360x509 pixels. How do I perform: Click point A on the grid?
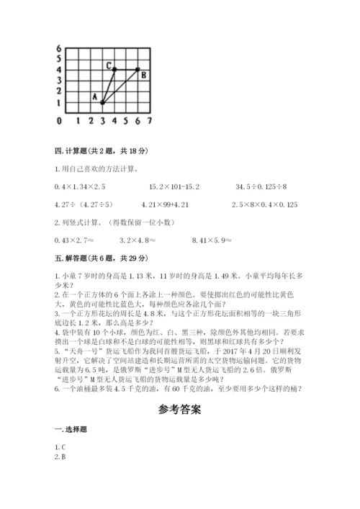pos(102,103)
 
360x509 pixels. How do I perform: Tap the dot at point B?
pos(137,70)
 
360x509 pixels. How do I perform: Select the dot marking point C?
pos(114,70)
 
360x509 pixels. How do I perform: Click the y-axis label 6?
pos(58,48)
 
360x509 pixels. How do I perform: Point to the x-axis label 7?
pos(149,120)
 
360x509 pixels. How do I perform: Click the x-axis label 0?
pos(59,120)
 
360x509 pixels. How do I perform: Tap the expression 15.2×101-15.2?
pos(175,186)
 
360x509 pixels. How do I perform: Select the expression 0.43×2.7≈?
pos(76,240)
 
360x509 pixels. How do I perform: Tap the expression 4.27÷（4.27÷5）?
pos(84,204)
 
